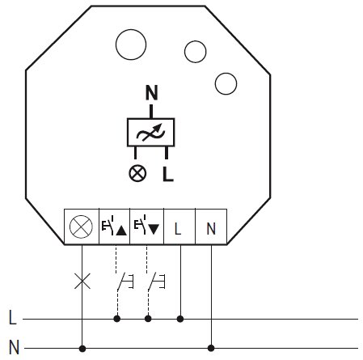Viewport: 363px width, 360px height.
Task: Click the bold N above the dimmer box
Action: tap(152, 92)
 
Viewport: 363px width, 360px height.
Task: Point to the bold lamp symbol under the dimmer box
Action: tap(137, 173)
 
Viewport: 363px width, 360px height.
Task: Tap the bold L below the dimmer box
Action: tap(168, 174)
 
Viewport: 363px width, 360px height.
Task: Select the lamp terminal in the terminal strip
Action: tap(82, 227)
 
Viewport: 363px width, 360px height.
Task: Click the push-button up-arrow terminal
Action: tap(115, 227)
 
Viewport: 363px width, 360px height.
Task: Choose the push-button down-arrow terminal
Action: tap(147, 227)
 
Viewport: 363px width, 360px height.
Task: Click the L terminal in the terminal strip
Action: tap(179, 227)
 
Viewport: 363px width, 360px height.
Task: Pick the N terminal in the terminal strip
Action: tap(211, 227)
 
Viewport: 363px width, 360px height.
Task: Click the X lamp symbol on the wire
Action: tap(82, 281)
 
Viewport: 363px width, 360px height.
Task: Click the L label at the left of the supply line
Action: tap(13, 317)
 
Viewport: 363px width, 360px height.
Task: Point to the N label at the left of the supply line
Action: tap(14, 347)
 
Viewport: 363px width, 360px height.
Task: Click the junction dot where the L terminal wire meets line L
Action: tap(180, 319)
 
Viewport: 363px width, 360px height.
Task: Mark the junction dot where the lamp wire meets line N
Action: tap(82, 349)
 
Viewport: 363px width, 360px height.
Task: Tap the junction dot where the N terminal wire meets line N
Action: tap(211, 348)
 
